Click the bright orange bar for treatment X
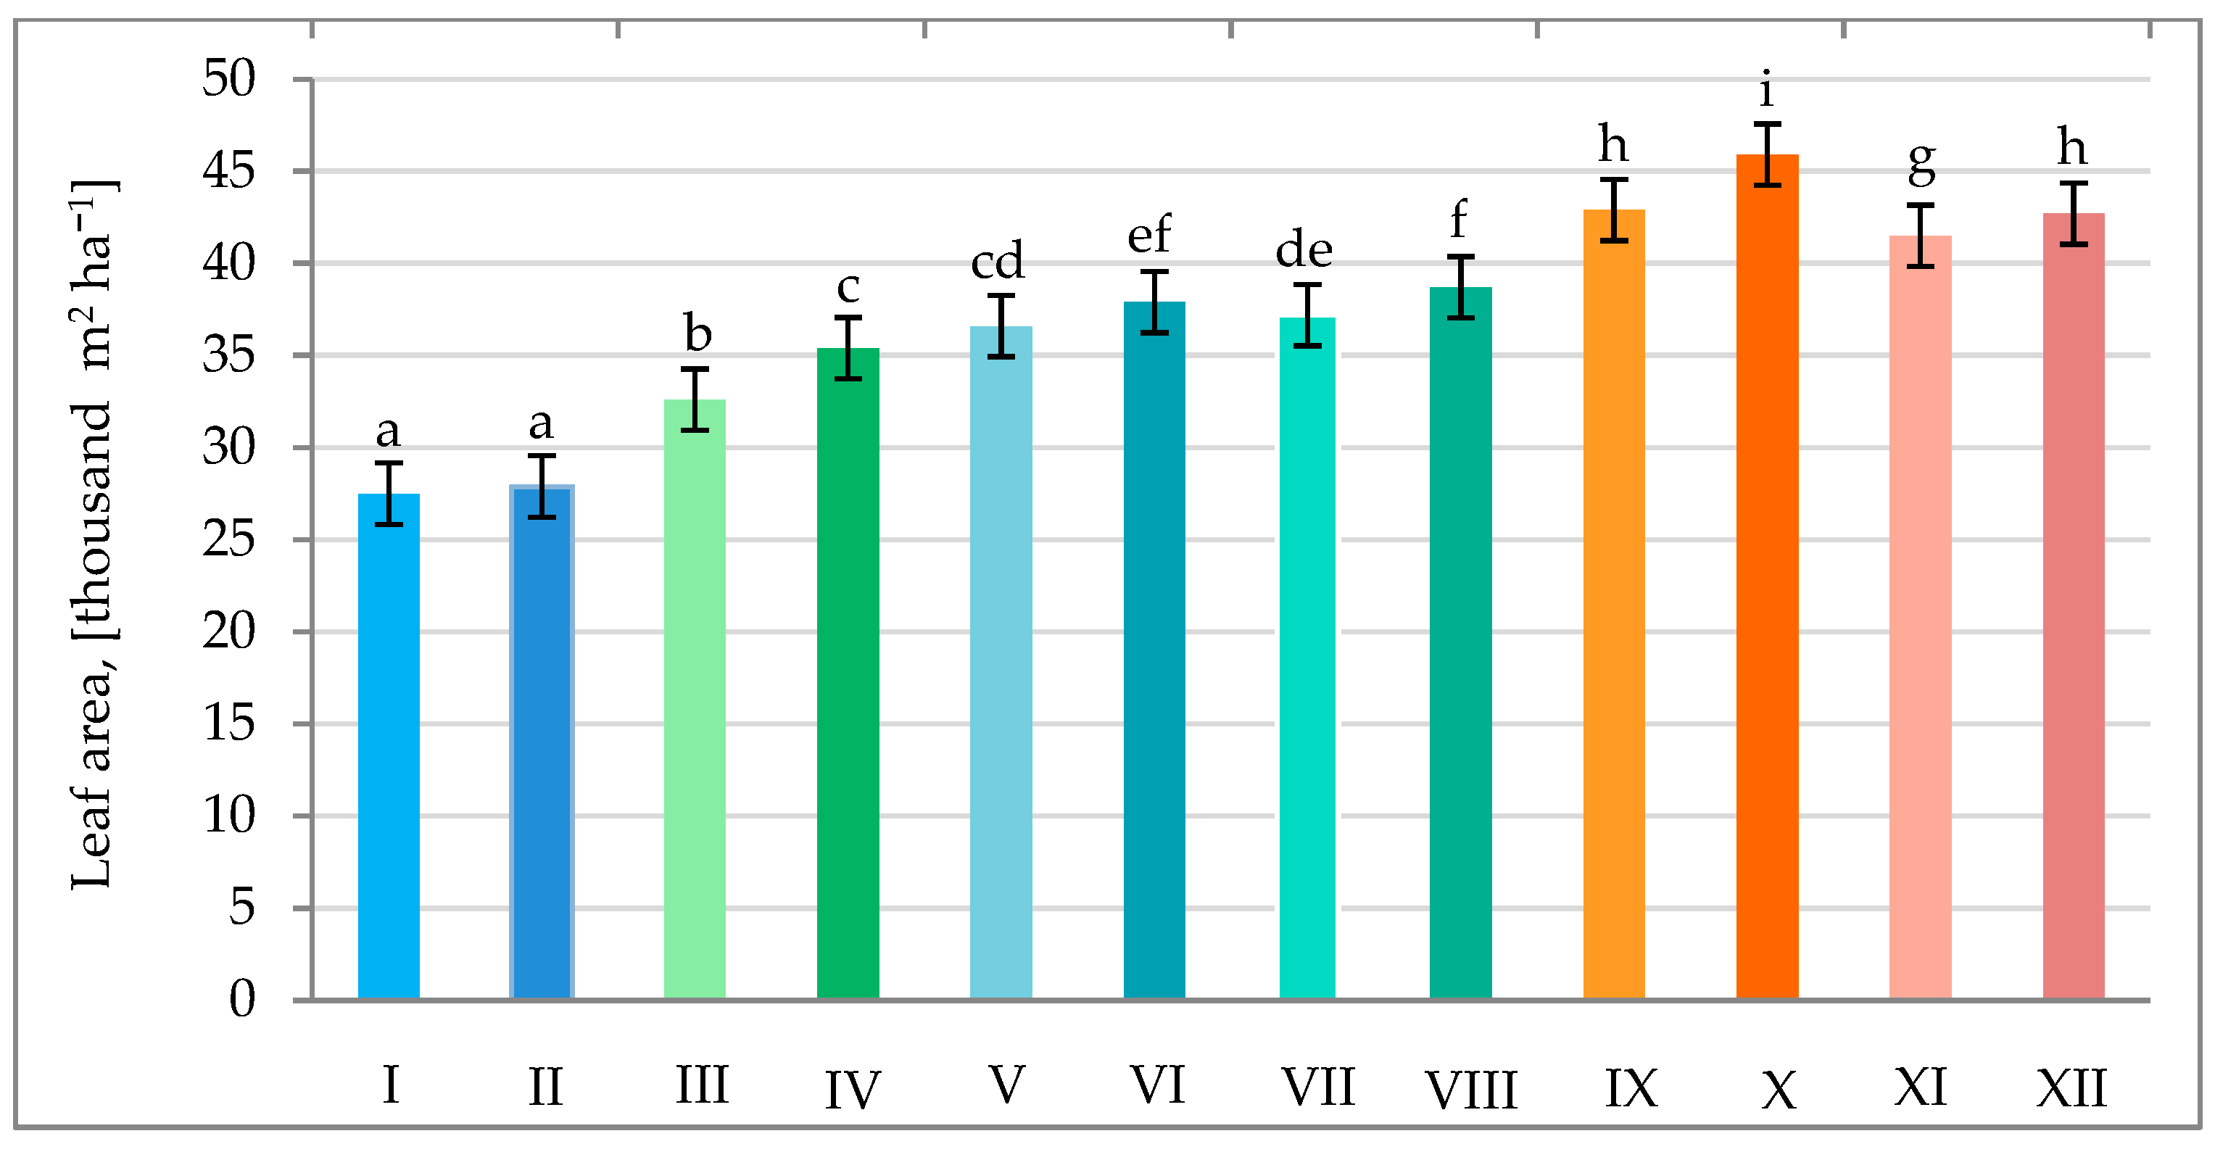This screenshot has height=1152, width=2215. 1767,576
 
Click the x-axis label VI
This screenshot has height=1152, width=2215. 1157,1085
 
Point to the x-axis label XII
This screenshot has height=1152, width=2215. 2071,1087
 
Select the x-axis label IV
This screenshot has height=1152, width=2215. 852,1089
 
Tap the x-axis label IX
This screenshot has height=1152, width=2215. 1631,1088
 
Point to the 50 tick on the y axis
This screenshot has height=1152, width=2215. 228,79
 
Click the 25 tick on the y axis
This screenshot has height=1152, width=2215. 228,540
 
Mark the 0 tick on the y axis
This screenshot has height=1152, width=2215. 241,999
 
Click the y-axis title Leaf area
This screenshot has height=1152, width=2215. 92,533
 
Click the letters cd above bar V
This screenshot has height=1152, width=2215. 998,260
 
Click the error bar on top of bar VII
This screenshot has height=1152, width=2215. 1307,315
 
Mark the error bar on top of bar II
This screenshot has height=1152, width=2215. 542,486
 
